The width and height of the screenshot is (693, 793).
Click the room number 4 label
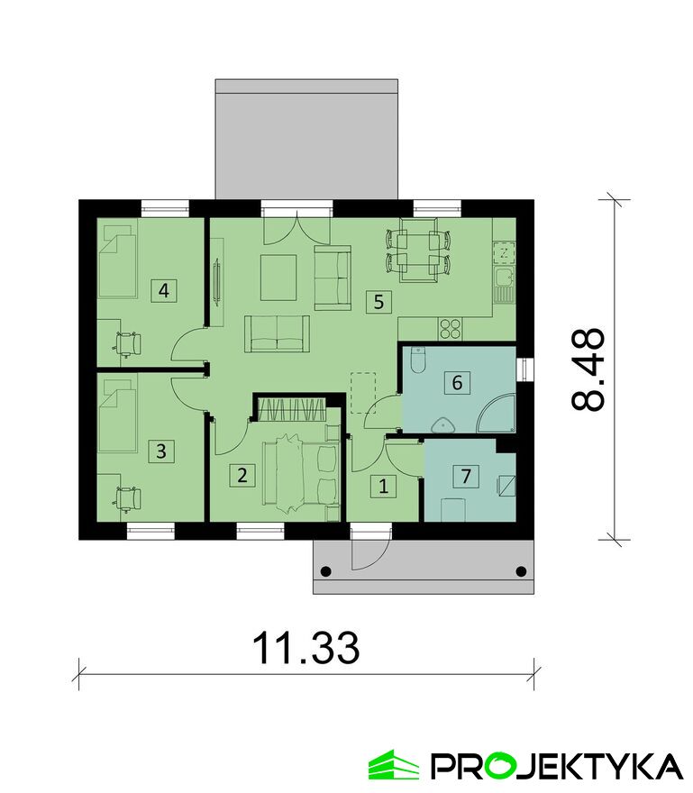(x=163, y=291)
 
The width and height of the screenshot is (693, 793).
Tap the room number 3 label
(x=160, y=451)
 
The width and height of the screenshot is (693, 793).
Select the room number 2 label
(x=242, y=476)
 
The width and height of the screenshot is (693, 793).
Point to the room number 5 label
(x=378, y=302)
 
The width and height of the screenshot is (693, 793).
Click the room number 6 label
(x=457, y=382)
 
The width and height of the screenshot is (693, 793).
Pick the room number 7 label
(x=466, y=476)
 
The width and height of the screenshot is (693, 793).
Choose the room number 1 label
(x=383, y=486)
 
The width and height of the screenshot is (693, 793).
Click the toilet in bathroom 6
(x=417, y=360)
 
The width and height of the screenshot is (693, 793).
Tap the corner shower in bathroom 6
(x=497, y=415)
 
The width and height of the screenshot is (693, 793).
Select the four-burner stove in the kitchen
(x=450, y=328)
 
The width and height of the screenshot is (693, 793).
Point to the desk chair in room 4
(x=127, y=344)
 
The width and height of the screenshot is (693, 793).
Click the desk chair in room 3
(x=127, y=499)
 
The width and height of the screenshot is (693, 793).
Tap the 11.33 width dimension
(x=305, y=648)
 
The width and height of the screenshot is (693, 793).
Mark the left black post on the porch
(x=325, y=571)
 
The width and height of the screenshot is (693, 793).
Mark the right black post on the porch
(x=521, y=571)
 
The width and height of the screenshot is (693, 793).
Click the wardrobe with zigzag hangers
(x=291, y=409)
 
